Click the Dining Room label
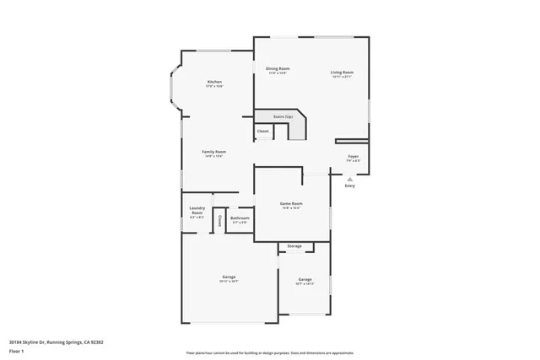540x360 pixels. point(278,68)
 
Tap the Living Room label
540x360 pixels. point(342,73)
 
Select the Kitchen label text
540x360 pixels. point(214,82)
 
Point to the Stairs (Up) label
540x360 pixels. point(282,116)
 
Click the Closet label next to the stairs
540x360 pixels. point(262,132)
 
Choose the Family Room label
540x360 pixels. point(213,152)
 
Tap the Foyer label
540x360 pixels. point(353,157)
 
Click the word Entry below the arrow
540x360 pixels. point(349,186)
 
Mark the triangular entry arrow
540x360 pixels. point(349,178)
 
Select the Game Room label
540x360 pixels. point(291,203)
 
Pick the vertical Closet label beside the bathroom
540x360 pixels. point(219,220)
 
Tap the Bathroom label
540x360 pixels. point(240,218)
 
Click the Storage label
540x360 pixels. point(294,246)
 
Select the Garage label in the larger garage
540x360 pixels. point(229,277)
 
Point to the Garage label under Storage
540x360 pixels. point(305,279)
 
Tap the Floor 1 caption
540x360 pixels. point(17,350)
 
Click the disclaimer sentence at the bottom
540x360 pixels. point(269,353)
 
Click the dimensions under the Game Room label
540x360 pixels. point(291,208)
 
